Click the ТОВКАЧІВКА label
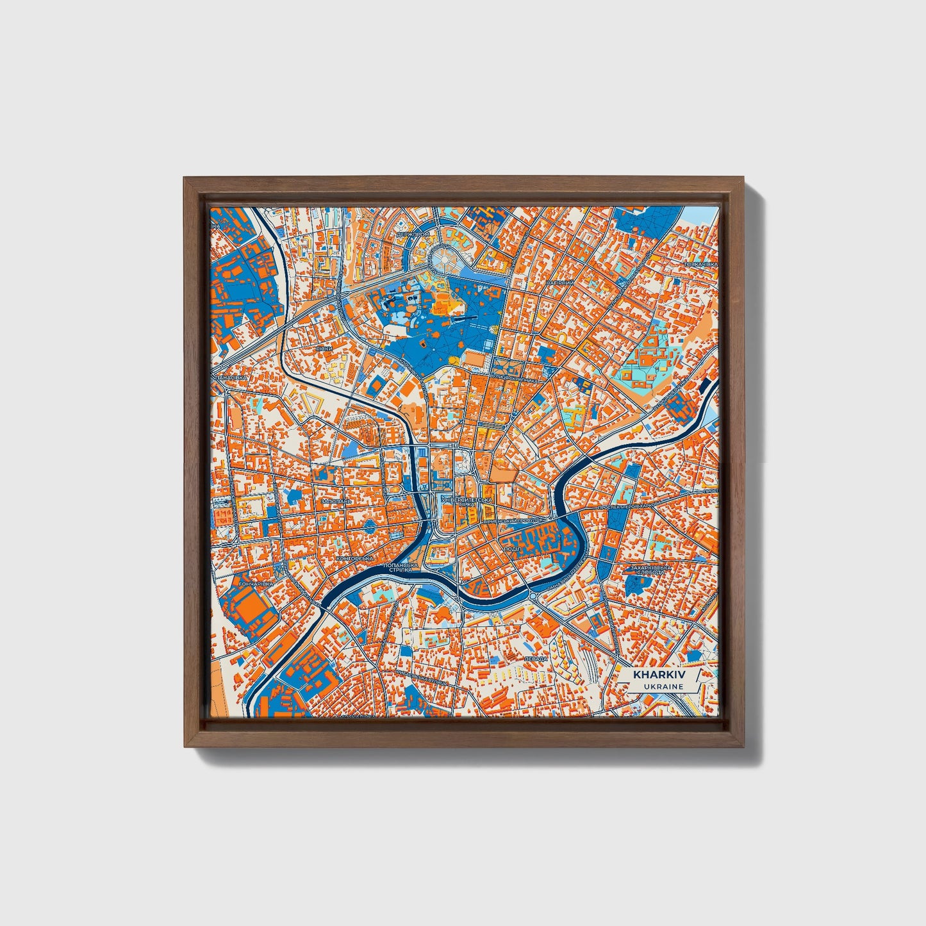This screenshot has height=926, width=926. point(700,264)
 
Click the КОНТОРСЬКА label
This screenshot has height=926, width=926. point(354,559)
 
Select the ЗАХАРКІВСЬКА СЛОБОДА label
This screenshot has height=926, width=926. point(650,569)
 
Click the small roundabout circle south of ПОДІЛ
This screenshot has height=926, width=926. point(531,595)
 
